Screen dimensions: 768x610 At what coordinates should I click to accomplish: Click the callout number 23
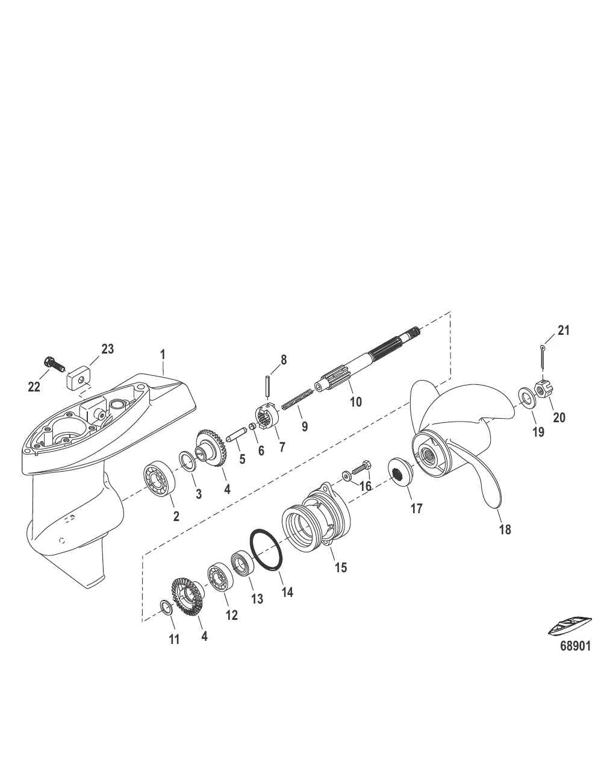coord(107,349)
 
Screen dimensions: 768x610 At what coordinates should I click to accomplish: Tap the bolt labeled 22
coord(53,364)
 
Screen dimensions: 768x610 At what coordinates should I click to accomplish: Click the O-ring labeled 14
coord(266,548)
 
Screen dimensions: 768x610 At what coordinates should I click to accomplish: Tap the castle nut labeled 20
coord(541,390)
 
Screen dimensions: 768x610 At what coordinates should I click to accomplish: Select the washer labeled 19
coord(526,398)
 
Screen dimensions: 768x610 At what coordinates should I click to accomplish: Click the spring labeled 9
coord(297,399)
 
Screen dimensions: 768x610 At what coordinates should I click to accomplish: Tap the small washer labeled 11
coord(166,607)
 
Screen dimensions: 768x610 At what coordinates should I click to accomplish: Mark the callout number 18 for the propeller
coord(505,529)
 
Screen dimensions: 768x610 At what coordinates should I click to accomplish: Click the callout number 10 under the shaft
coord(355,401)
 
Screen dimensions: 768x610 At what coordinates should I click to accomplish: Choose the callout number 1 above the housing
coord(163,355)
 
